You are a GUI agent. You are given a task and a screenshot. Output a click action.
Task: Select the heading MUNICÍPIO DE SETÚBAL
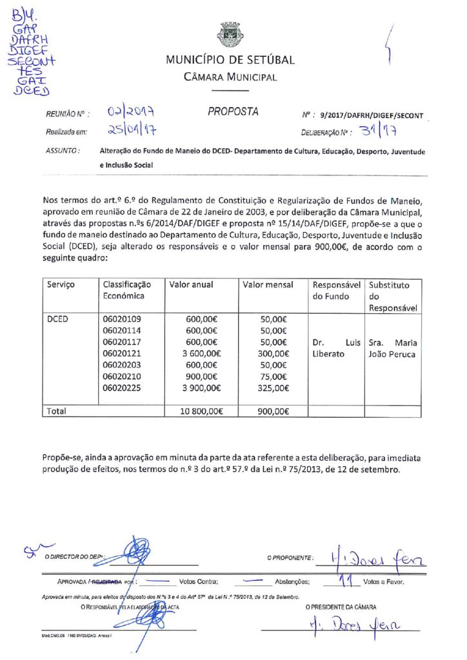click(x=230, y=60)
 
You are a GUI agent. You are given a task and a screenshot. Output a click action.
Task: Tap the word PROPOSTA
click(x=233, y=112)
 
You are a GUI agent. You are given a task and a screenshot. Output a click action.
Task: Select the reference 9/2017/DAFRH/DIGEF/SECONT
click(x=372, y=115)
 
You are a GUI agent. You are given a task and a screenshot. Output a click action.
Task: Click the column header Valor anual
click(x=192, y=284)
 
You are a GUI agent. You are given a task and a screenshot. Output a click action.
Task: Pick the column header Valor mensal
click(x=268, y=284)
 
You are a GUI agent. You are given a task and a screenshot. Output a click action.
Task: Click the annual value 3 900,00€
click(x=201, y=388)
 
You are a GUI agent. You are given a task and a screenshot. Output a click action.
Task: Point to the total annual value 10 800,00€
click(x=199, y=411)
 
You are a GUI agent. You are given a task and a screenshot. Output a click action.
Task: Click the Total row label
click(x=57, y=411)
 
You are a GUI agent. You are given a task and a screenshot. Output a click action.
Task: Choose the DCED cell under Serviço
click(x=59, y=318)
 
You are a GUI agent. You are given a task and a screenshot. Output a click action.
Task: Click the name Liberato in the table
click(x=328, y=354)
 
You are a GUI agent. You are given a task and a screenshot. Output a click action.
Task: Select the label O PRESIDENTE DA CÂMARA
click(x=341, y=607)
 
